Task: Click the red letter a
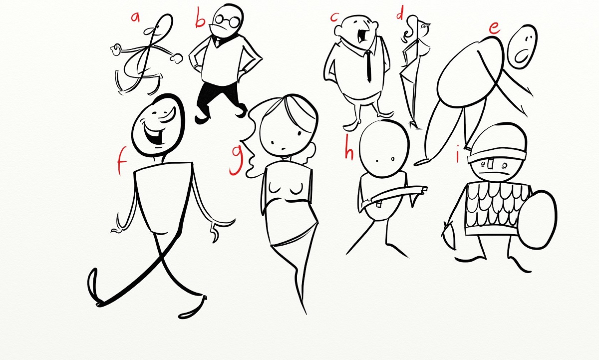136,17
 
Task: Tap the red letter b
200,18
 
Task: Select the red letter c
334,17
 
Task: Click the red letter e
495,28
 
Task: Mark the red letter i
458,154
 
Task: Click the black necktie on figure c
368,65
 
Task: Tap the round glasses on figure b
228,21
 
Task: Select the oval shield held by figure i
537,220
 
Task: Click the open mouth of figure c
362,36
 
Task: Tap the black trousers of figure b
220,102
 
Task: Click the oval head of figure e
522,47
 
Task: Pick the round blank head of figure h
384,148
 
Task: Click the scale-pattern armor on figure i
493,208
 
